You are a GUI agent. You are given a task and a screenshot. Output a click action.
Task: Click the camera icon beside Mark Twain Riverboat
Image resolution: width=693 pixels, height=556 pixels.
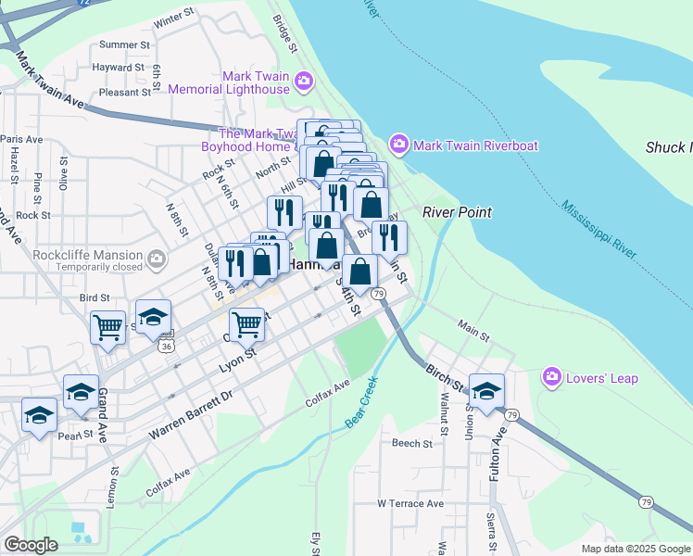[x=399, y=145]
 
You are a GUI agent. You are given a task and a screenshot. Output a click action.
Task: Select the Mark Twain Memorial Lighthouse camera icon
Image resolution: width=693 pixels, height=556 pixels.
[x=303, y=83]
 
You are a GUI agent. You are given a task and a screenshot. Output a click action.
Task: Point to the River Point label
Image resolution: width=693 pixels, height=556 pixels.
[x=457, y=212]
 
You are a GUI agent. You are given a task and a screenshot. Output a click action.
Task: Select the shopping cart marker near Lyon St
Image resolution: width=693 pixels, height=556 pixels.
[x=246, y=324]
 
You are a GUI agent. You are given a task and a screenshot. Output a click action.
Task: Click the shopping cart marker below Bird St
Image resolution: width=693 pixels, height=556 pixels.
[x=107, y=327]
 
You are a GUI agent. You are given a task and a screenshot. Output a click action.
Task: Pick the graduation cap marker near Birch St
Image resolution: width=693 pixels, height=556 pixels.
[x=486, y=390]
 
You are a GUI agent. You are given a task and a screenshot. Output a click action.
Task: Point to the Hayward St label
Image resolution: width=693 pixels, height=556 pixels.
[x=118, y=68]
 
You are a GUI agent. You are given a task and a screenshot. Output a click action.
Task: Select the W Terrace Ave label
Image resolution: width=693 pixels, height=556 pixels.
[x=409, y=503]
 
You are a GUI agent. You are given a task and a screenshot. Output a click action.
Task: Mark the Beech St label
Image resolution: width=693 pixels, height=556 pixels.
[x=412, y=444]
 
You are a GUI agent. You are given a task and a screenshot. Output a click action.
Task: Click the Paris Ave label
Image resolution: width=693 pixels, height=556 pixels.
[x=22, y=139]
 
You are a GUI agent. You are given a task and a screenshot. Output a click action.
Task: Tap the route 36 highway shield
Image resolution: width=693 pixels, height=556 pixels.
[x=166, y=346]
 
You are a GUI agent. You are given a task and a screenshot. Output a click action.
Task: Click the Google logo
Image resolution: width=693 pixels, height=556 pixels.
[x=31, y=545]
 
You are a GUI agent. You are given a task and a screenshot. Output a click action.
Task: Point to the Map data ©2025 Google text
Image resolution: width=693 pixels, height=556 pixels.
[x=635, y=549]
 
